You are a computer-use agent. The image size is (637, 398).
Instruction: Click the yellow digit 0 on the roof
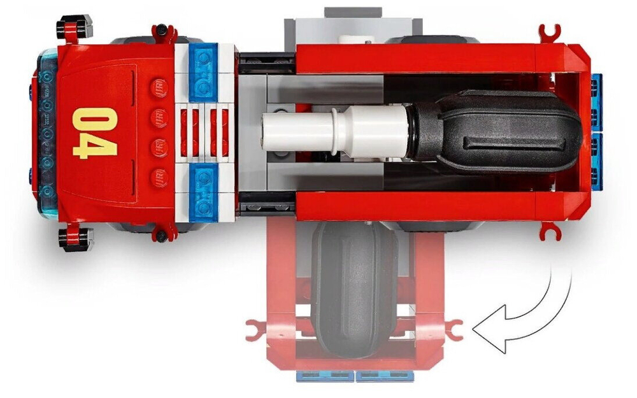(96, 118)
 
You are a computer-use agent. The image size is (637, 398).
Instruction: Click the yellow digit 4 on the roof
(96, 145)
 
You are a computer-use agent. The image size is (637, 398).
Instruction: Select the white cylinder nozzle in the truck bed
(334, 132)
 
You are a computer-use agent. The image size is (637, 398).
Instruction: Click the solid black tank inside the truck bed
(496, 132)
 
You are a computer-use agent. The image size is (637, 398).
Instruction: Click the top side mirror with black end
(75, 27)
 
